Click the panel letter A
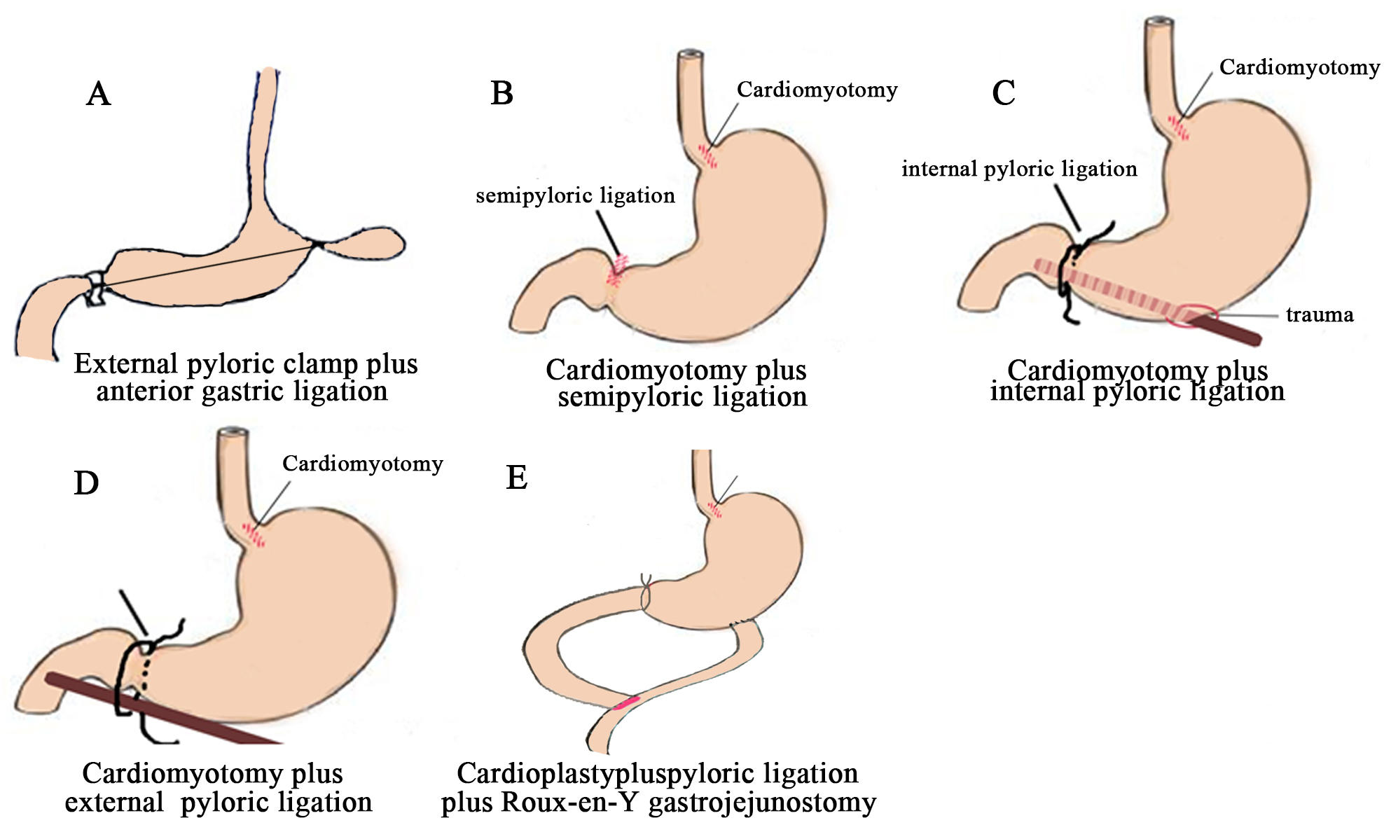click(x=99, y=94)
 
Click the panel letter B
click(x=502, y=93)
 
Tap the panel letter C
click(x=1004, y=93)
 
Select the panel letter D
click(x=86, y=483)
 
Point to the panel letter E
click(x=517, y=478)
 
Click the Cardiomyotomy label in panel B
click(x=817, y=90)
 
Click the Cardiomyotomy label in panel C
click(x=1299, y=68)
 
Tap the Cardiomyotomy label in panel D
click(x=362, y=464)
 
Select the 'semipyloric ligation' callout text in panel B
click(x=575, y=196)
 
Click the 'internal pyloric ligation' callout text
click(x=1019, y=169)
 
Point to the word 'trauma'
click(x=1320, y=315)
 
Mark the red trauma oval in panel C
click(x=1192, y=315)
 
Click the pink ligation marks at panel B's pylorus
click(x=617, y=271)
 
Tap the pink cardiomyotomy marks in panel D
click(x=254, y=535)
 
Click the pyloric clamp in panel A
click(x=95, y=288)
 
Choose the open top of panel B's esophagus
click(x=691, y=54)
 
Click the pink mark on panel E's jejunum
click(x=626, y=702)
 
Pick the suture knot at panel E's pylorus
click(x=646, y=594)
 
